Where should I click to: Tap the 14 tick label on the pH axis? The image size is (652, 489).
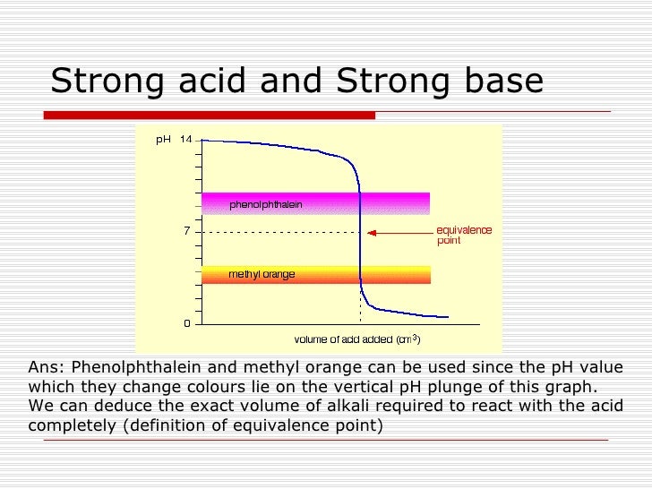[185, 139]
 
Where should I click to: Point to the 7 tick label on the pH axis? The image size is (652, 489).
[186, 231]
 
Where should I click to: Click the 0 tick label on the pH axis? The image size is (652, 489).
[186, 323]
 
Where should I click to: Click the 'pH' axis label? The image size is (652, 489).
[163, 139]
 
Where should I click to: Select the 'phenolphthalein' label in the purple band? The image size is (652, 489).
[265, 204]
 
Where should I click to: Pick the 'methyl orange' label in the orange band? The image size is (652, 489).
[262, 274]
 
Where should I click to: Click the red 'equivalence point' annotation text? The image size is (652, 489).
[464, 236]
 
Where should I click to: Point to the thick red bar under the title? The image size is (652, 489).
[210, 115]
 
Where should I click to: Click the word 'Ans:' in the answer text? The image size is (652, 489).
[46, 367]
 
